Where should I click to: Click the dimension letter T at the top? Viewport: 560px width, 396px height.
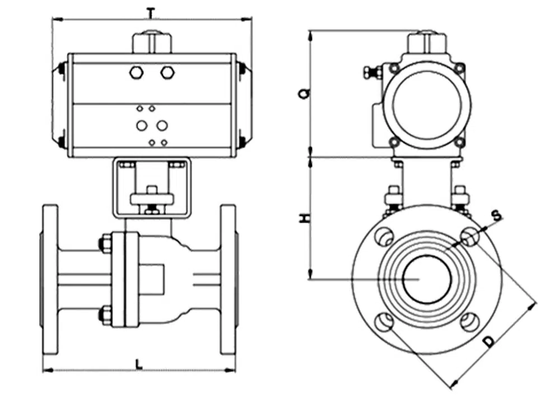pos(151,11)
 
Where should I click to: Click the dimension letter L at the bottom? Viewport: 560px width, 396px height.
pos(139,364)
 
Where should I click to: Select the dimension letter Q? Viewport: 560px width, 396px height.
pos(303,92)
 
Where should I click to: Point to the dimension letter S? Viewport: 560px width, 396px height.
pos(495,215)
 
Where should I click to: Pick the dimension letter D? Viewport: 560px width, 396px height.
pos(489,341)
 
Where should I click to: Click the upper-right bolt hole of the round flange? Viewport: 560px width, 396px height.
pos(469,236)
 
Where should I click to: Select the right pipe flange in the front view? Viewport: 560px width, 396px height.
pos(228,279)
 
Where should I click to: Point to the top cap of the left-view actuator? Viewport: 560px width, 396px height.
pos(151,43)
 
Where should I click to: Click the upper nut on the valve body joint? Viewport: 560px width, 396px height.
pos(105,243)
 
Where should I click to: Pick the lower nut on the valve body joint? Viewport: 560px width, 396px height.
pos(105,314)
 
